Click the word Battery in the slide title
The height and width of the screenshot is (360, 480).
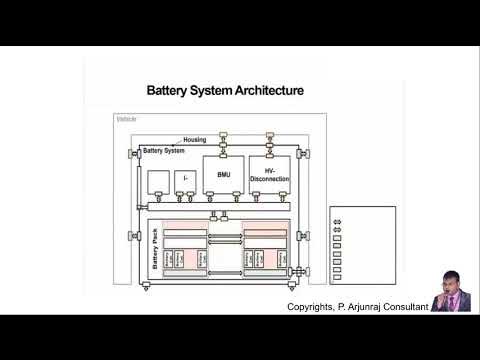(x=172, y=91)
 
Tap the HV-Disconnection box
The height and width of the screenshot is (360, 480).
(x=269, y=175)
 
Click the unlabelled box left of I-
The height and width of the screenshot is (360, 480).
(x=158, y=182)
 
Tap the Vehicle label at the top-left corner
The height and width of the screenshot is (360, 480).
(x=126, y=119)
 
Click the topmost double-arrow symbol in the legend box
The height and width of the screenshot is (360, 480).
(x=337, y=221)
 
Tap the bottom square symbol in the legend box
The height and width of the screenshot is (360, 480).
(x=337, y=279)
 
